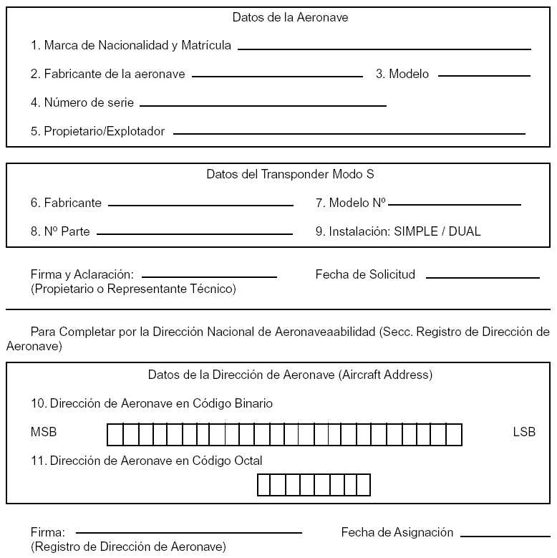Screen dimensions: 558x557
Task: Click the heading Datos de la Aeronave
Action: pos(290,17)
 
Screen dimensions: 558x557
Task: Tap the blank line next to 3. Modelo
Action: pos(484,74)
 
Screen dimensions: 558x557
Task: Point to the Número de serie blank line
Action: pos(263,105)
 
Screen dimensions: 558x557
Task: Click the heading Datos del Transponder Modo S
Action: pos(290,174)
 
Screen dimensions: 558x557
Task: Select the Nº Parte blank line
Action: pos(194,233)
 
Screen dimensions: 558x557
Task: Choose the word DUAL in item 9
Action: pos(465,231)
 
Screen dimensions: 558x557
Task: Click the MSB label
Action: pos(44,432)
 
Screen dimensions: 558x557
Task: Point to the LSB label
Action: pos(524,432)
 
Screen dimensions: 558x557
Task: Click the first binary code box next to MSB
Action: pos(115,434)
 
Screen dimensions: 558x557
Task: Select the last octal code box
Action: pos(363,485)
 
